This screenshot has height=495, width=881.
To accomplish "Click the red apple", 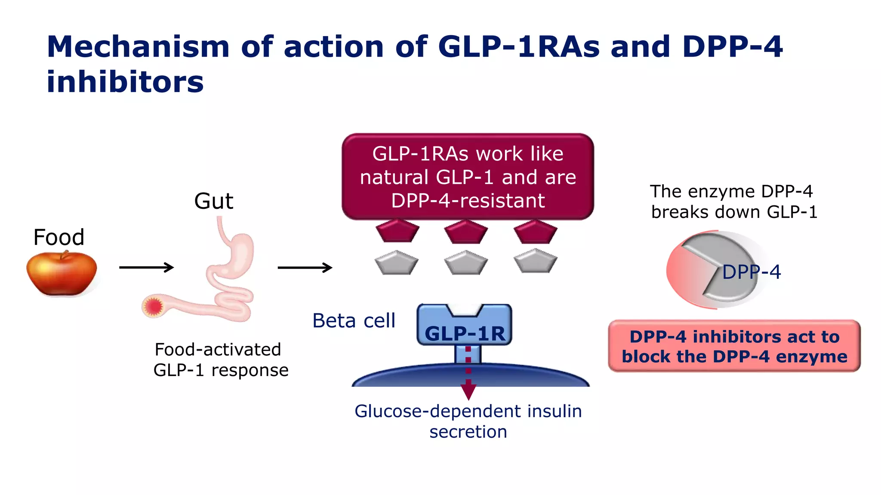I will [x=62, y=274].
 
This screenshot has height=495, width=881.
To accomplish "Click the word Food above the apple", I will [x=59, y=237].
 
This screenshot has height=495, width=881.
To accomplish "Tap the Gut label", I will [x=213, y=201].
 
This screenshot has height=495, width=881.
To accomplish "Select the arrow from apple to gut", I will [x=146, y=267].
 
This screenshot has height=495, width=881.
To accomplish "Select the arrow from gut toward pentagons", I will [x=305, y=267].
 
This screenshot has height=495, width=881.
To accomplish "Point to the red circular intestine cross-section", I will [x=153, y=306].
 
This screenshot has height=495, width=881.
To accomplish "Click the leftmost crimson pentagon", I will [x=397, y=232].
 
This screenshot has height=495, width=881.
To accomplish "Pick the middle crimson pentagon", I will [x=466, y=232].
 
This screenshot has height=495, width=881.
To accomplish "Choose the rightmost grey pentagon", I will [x=535, y=261].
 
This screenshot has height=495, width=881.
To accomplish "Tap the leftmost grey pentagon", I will [x=396, y=263].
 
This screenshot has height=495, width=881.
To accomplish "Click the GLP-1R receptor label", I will [x=465, y=333].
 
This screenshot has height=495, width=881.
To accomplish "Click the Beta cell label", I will [x=354, y=321].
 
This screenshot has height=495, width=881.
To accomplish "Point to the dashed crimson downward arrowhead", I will [x=468, y=391].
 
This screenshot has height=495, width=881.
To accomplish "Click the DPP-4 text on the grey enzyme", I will [x=751, y=272].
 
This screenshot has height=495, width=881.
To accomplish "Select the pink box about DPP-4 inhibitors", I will [x=734, y=346].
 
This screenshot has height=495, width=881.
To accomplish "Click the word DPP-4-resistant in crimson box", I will [x=468, y=201].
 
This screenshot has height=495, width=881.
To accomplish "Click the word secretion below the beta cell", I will [x=468, y=432].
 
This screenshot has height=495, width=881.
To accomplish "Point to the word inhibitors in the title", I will [x=125, y=82].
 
